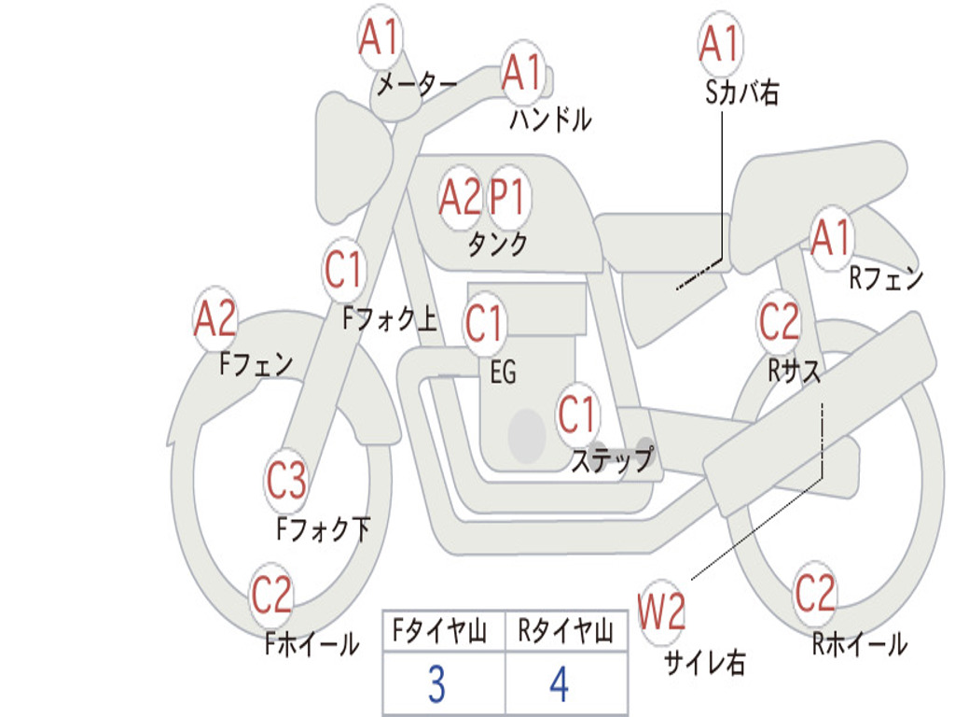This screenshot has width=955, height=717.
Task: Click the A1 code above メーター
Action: pos(379,36)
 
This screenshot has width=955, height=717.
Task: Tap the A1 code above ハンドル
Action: pos(521,73)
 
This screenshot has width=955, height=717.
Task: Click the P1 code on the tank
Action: pos(507,197)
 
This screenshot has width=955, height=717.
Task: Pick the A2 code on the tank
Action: pos(460,197)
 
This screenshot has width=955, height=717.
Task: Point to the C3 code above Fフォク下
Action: pos(285,480)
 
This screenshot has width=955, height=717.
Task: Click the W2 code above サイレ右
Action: pos(661,611)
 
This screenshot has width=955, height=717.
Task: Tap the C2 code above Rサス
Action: pos(779,321)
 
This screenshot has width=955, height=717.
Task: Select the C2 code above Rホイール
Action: pos(814,593)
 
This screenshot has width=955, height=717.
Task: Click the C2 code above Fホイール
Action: pos(271,595)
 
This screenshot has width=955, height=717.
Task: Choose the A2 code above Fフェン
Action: pos(215,318)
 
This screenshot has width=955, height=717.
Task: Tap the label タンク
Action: pos(497,244)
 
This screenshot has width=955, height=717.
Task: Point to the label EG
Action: pos(503,372)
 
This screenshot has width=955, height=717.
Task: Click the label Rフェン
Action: pos(886,278)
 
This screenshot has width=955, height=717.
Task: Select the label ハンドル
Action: pos(550,119)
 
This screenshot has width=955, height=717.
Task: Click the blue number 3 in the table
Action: pos(436,684)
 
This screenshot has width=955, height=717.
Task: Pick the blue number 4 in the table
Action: pos(560,684)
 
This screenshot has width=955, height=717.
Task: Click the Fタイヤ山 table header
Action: pos(440,631)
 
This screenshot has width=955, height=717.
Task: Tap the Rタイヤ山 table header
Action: pos(565,631)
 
